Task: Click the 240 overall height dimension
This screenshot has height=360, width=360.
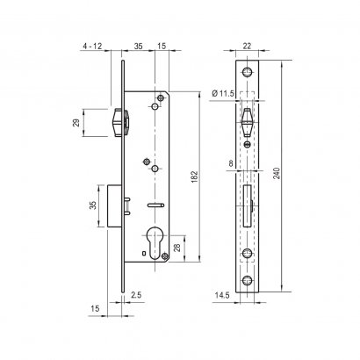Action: click(x=277, y=173)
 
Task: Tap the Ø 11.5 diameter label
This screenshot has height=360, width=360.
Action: click(x=223, y=93)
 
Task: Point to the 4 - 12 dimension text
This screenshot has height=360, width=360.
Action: click(x=92, y=46)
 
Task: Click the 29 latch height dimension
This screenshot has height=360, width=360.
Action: click(x=76, y=122)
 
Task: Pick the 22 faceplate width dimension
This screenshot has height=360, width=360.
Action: click(x=247, y=46)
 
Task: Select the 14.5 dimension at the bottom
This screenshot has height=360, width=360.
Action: click(x=221, y=295)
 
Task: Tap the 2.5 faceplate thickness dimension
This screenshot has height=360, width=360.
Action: click(x=136, y=295)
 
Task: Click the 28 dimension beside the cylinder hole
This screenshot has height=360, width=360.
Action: click(x=176, y=248)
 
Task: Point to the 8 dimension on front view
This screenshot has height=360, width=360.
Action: click(x=231, y=163)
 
